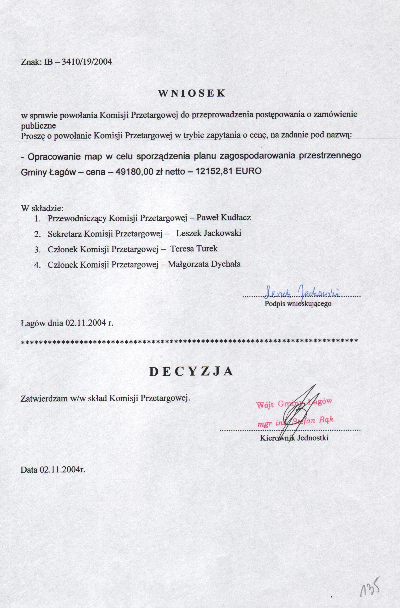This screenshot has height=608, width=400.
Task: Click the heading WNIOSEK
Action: point(192,93)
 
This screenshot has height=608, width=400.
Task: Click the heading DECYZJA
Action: point(191,372)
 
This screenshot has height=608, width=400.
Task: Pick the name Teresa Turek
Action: point(194,249)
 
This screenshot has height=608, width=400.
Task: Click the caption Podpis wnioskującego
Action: point(298,304)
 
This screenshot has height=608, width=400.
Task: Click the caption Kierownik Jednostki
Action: point(294,438)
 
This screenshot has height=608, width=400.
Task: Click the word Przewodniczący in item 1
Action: point(77,218)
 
